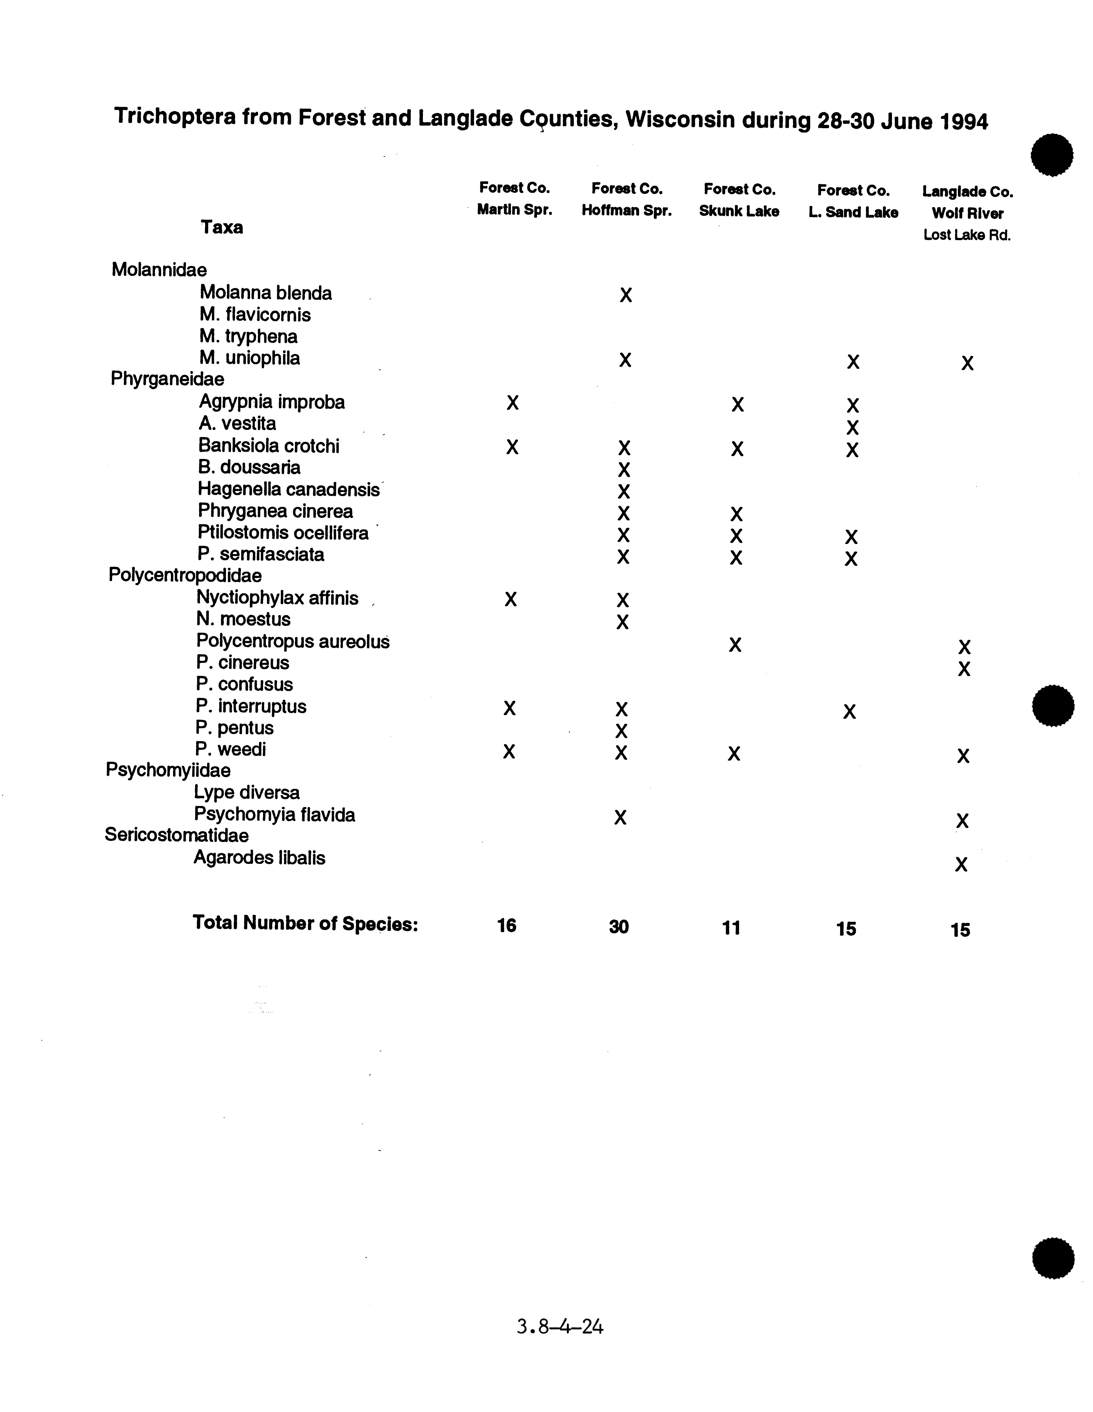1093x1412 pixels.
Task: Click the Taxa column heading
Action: point(222,228)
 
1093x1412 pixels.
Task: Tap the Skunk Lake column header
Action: point(739,211)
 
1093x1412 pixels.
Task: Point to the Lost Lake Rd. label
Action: point(967,235)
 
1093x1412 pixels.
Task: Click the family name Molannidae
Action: point(159,270)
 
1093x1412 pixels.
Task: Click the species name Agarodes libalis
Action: point(259,858)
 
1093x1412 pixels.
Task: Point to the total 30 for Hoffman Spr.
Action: point(618,927)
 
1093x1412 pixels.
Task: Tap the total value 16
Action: point(507,926)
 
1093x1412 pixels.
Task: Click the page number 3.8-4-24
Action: point(560,1327)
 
